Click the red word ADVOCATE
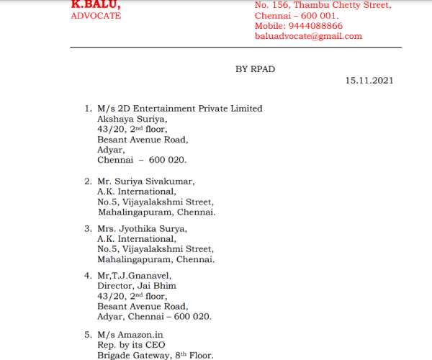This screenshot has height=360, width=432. [x=96, y=15]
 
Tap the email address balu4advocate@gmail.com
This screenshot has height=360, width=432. [x=308, y=36]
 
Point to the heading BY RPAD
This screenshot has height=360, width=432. [x=256, y=68]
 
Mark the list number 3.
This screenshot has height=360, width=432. [x=87, y=229]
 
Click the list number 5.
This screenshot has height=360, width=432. [x=87, y=335]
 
